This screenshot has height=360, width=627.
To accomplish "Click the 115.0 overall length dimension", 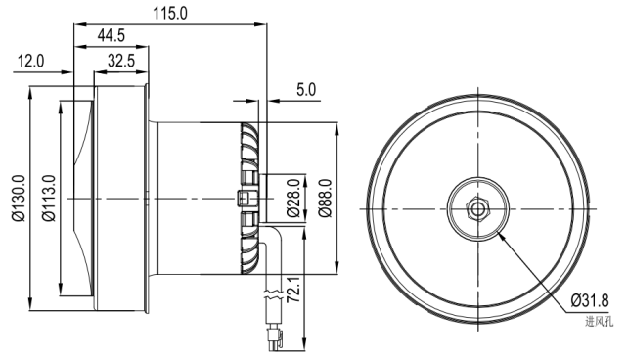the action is tap(170, 13).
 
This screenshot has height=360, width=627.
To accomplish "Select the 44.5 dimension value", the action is tap(112, 35).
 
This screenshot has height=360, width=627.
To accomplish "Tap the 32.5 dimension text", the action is tap(121, 62).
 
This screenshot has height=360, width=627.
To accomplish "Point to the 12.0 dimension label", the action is tap(30, 62).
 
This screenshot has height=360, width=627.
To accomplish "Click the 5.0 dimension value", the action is tap(306, 90).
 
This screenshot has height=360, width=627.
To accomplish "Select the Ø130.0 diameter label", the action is tap(19, 198).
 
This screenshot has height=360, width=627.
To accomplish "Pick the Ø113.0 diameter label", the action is tap(49, 198).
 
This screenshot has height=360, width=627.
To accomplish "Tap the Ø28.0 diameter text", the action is tap(293, 198).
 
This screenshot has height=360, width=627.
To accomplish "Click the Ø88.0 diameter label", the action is tap(325, 198).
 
